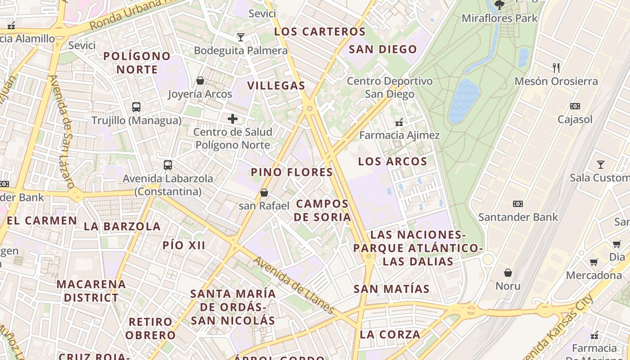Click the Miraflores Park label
click(499, 18)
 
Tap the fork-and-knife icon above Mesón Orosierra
click(557, 68)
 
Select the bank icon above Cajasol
click(575, 107)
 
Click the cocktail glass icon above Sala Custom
click(600, 165)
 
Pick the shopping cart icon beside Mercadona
click(594, 262)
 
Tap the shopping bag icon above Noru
click(508, 273)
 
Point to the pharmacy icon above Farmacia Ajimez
click(399, 122)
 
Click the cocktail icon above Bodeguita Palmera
click(241, 37)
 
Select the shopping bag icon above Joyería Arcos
click(200, 81)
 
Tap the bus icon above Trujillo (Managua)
click(136, 107)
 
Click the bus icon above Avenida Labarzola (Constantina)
click(168, 165)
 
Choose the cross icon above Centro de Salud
click(233, 119)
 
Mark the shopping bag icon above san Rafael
click(264, 193)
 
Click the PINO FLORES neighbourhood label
click(292, 172)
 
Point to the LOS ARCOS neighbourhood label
click(392, 161)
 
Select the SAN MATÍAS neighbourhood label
click(391, 288)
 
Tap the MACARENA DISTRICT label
click(91, 291)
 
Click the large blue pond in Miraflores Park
click(464, 101)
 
